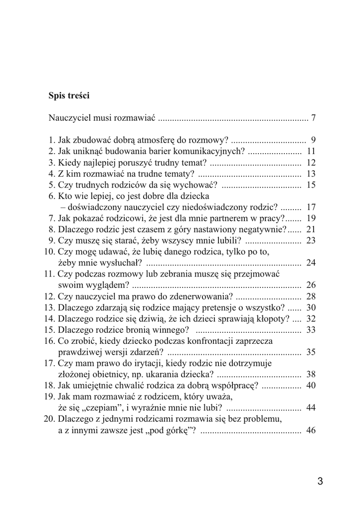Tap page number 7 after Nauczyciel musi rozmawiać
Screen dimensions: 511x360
coord(314,118)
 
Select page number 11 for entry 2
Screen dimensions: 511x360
coord(311,151)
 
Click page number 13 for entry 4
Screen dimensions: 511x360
coord(311,174)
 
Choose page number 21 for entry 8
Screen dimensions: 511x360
coord(311,230)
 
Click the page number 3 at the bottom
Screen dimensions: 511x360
coord(320,482)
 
